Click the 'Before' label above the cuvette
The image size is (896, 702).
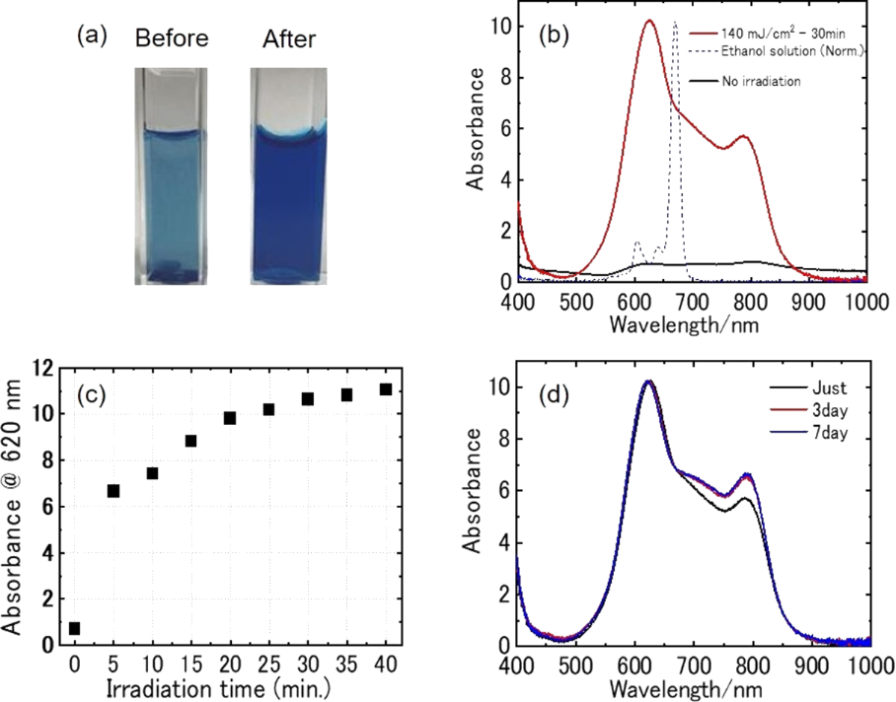pos(172,38)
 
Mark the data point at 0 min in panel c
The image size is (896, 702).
pos(75,628)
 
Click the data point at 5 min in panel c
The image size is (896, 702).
pos(113,490)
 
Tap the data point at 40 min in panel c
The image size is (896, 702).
pos(386,389)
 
